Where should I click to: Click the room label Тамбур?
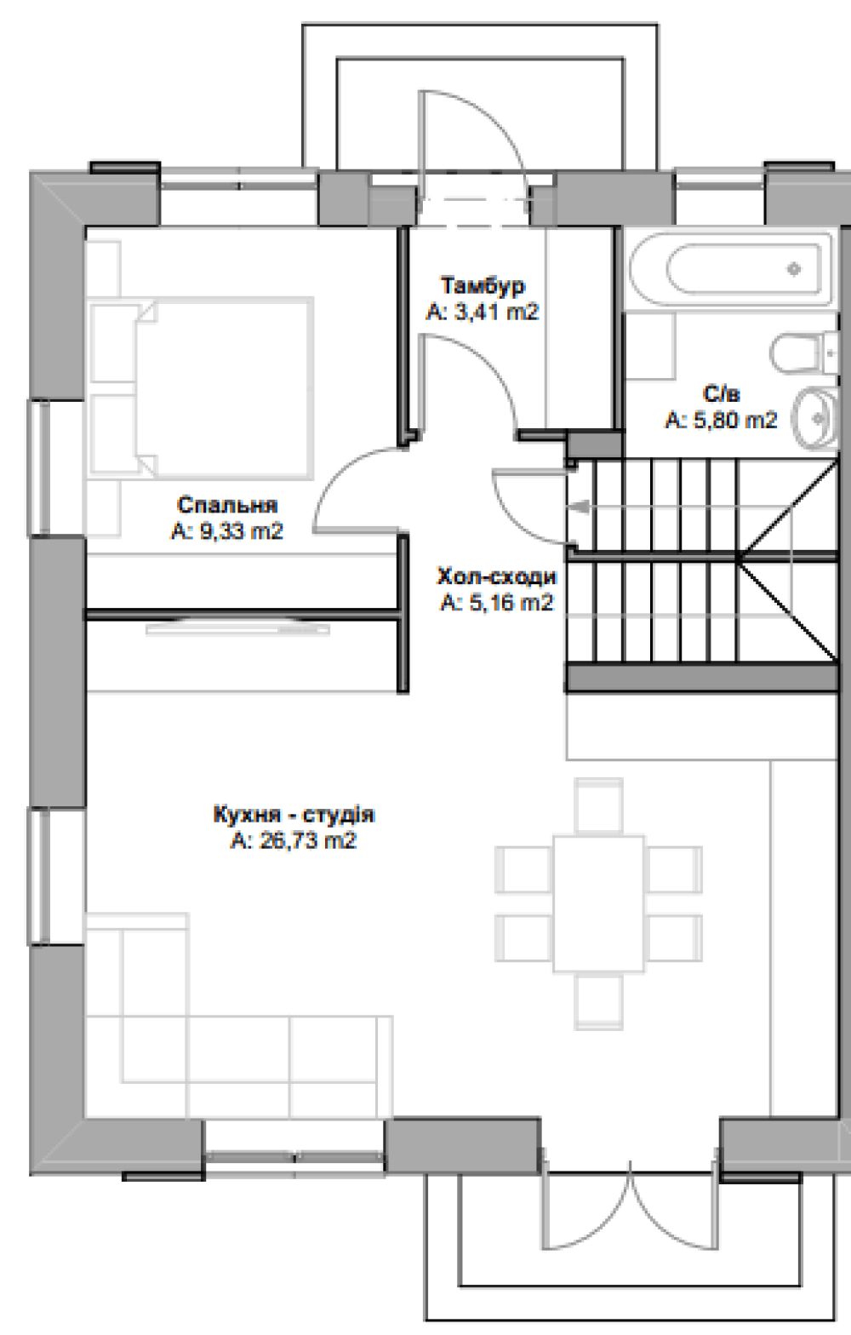click(x=483, y=286)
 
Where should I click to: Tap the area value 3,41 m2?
click(x=483, y=312)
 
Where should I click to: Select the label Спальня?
click(x=227, y=505)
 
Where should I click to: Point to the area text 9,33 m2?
click(x=227, y=530)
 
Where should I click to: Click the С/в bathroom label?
click(x=721, y=394)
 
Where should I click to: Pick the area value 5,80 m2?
click(x=721, y=421)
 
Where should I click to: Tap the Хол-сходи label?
click(x=497, y=577)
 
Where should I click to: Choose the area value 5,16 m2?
click(x=497, y=603)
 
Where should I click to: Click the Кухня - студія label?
click(x=294, y=815)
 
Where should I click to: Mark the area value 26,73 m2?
click(x=294, y=841)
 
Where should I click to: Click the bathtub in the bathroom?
click(x=731, y=269)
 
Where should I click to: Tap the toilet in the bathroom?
click(x=804, y=353)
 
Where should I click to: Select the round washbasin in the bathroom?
click(x=816, y=418)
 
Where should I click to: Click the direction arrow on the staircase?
click(x=580, y=507)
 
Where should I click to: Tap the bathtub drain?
click(x=793, y=269)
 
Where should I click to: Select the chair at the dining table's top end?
click(x=599, y=805)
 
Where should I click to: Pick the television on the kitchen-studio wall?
click(x=237, y=627)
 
